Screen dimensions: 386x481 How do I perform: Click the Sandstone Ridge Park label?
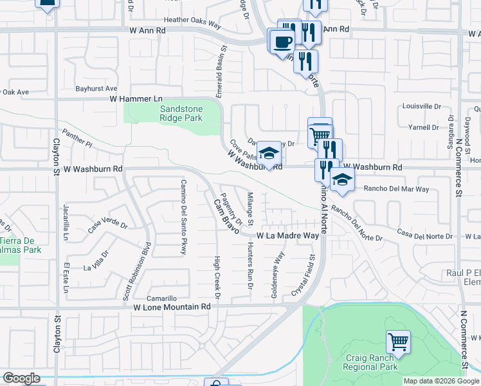coord(181,113)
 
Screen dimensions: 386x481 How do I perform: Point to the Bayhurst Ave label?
coord(96,88)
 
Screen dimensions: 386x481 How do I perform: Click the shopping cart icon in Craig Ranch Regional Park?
coord(398,342)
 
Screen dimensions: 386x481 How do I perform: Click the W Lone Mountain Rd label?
coord(172,307)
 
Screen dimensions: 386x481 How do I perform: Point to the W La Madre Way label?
coord(287,236)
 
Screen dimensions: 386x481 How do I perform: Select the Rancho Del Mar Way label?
coord(396,189)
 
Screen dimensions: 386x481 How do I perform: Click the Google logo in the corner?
coord(21,378)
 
